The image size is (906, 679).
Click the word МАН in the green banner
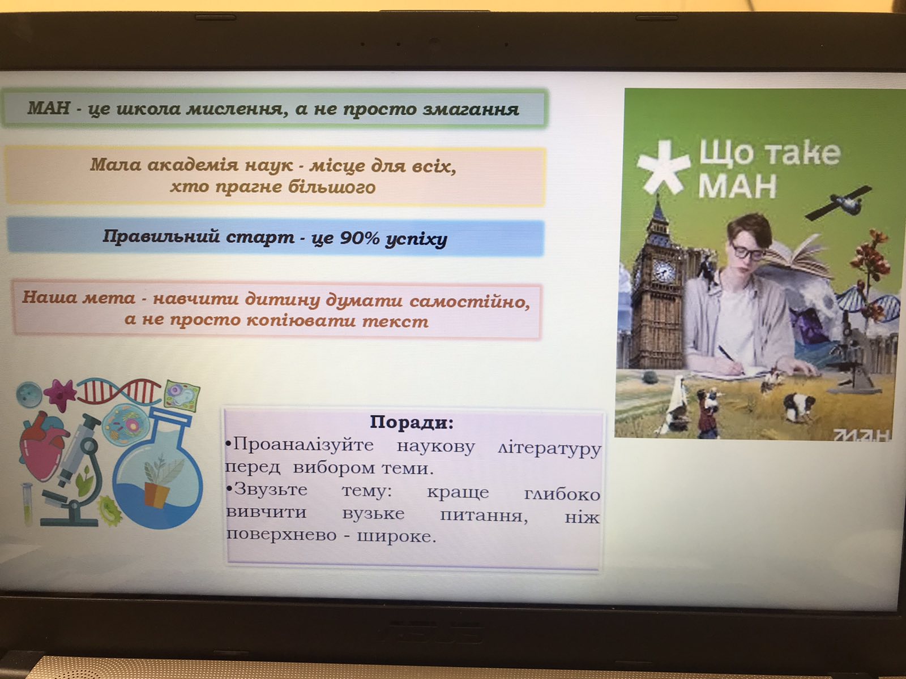pyautogui.click(x=49, y=108)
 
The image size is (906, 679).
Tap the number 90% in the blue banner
pyautogui.click(x=358, y=238)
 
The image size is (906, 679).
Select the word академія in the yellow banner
pyautogui.click(x=193, y=165)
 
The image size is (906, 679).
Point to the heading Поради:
pyautogui.click(x=412, y=422)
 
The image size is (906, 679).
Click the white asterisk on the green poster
pyautogui.click(x=663, y=167)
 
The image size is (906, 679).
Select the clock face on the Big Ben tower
pyautogui.click(x=663, y=271)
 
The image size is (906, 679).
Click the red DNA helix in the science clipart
pyautogui.click(x=119, y=391)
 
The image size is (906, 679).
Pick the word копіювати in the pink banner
pyautogui.click(x=301, y=320)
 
